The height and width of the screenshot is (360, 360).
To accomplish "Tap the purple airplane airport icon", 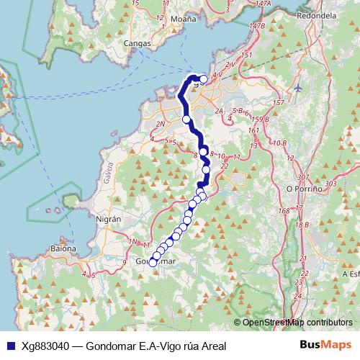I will (300, 88).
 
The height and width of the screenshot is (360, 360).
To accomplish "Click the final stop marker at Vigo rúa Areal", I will (204, 79).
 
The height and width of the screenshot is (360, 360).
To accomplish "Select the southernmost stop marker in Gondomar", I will (152, 263).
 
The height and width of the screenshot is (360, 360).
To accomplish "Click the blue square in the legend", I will (9, 346).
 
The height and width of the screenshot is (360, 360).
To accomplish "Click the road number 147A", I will (263, 4).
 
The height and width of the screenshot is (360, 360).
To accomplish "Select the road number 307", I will (302, 177).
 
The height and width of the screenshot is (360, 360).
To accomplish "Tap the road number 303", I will (330, 184).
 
